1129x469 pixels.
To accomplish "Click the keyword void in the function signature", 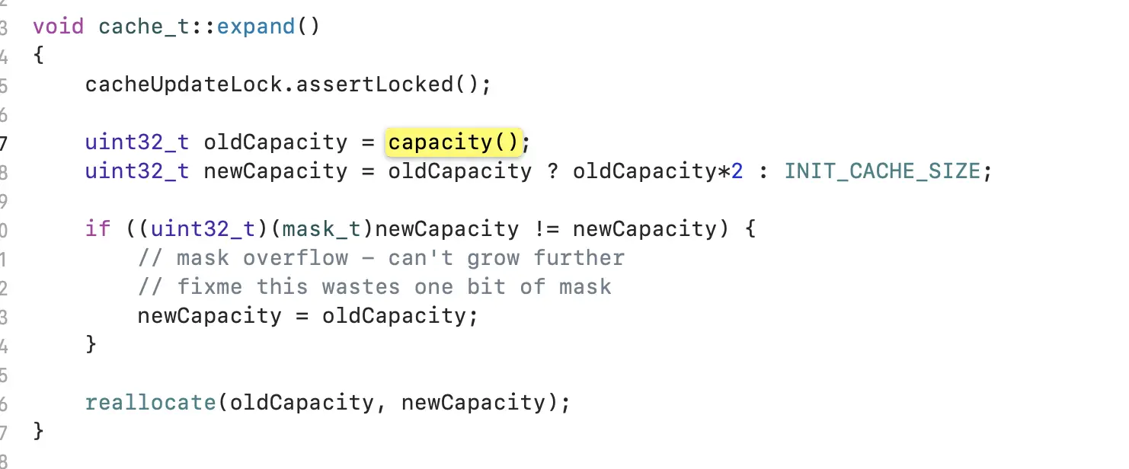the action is click(58, 27).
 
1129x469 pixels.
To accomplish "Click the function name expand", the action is click(256, 27).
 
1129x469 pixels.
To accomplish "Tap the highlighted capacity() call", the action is click(453, 142).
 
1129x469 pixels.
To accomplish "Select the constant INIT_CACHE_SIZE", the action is click(882, 171).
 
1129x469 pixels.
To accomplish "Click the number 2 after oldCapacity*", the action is click(737, 171).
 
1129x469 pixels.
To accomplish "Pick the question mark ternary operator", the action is click(552, 171).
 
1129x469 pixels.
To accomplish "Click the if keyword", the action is click(98, 229).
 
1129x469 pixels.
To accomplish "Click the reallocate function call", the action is click(151, 402).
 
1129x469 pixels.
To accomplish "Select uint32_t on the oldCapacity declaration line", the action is click(137, 142).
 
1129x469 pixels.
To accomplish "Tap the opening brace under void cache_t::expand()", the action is click(39, 56).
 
